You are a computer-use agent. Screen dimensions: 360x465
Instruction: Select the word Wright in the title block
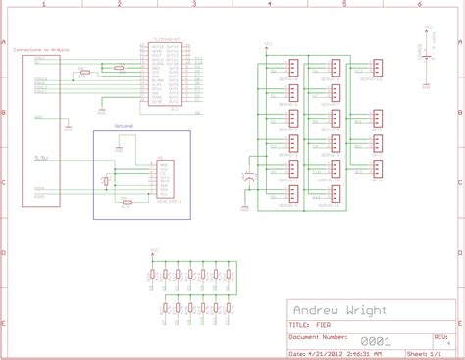coord(365,310)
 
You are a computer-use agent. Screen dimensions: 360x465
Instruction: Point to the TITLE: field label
coord(298,324)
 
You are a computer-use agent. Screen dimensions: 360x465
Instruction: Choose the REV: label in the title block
coord(445,334)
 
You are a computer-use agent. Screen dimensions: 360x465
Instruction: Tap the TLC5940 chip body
coord(164,80)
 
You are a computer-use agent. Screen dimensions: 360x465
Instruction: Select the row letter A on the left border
coord(5,43)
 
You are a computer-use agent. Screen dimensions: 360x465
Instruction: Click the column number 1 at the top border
coord(43,5)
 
